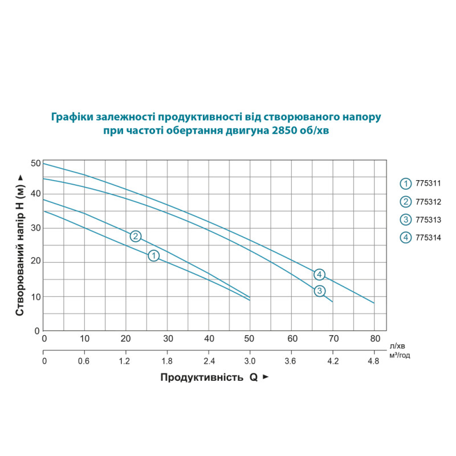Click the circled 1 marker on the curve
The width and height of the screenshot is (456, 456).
pos(153,256)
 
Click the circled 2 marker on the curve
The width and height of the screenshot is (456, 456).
pos(135,236)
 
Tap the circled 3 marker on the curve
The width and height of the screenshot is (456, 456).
pos(320,291)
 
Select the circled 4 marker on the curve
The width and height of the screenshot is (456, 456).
pos(319,274)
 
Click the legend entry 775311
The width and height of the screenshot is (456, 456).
pos(422,184)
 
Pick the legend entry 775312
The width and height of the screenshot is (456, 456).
pos(422,202)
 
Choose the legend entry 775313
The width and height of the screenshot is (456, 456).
pos(422,219)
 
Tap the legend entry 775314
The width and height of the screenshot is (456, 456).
pos(422,238)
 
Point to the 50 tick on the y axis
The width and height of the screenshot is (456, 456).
pos(36,164)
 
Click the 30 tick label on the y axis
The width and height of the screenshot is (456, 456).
pos(36,228)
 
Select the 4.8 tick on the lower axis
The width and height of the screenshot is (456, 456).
pos(374,361)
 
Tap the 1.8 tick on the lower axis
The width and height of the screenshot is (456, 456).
pos(168,361)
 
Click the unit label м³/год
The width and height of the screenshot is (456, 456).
pos(400,355)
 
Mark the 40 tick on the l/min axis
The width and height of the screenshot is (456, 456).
pos(209,339)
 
